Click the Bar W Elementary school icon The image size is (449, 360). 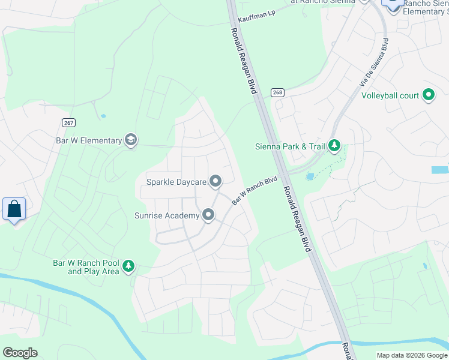tap(131, 141)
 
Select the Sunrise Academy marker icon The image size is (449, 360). tap(208, 215)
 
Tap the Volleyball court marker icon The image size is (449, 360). tap(429, 95)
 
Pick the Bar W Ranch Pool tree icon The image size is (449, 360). tap(128, 266)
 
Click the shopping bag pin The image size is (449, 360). tap(14, 209)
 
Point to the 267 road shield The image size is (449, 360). tap(68, 122)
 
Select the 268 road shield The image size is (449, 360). tap(277, 92)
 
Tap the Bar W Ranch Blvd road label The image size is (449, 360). tap(255, 190)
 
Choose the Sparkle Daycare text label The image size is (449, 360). tap(176, 181)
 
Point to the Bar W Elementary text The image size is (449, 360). tap(88, 141)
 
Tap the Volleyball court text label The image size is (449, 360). tap(390, 95)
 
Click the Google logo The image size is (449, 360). tap(20, 353)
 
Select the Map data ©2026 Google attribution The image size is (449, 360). tap(412, 355)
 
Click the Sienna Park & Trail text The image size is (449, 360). tap(289, 146)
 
